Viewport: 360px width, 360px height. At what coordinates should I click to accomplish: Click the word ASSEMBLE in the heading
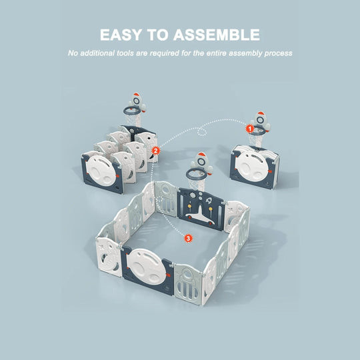[217, 35]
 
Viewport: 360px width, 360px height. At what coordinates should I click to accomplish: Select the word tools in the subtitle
[125, 53]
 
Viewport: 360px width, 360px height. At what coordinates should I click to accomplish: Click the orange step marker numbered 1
[249, 129]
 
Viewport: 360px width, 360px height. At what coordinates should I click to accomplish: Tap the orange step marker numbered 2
[155, 151]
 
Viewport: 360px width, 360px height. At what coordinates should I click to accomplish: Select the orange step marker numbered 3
[188, 238]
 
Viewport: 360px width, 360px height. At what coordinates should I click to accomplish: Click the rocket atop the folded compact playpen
[261, 121]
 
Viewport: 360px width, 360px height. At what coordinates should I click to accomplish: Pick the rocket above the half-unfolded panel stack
[137, 102]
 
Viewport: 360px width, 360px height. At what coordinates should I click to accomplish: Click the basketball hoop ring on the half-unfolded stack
[132, 111]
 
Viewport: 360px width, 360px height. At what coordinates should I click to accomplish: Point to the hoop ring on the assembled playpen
[195, 175]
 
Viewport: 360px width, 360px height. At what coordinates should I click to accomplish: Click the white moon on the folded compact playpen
[253, 167]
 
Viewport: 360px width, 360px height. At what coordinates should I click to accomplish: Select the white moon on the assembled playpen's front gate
[147, 267]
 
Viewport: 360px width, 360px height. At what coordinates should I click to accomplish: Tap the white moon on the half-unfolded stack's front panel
[102, 171]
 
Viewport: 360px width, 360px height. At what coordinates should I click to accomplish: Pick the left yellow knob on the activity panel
[189, 206]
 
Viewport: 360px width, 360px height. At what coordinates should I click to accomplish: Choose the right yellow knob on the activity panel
[210, 209]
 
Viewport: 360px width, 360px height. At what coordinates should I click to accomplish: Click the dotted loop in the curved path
[201, 132]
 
